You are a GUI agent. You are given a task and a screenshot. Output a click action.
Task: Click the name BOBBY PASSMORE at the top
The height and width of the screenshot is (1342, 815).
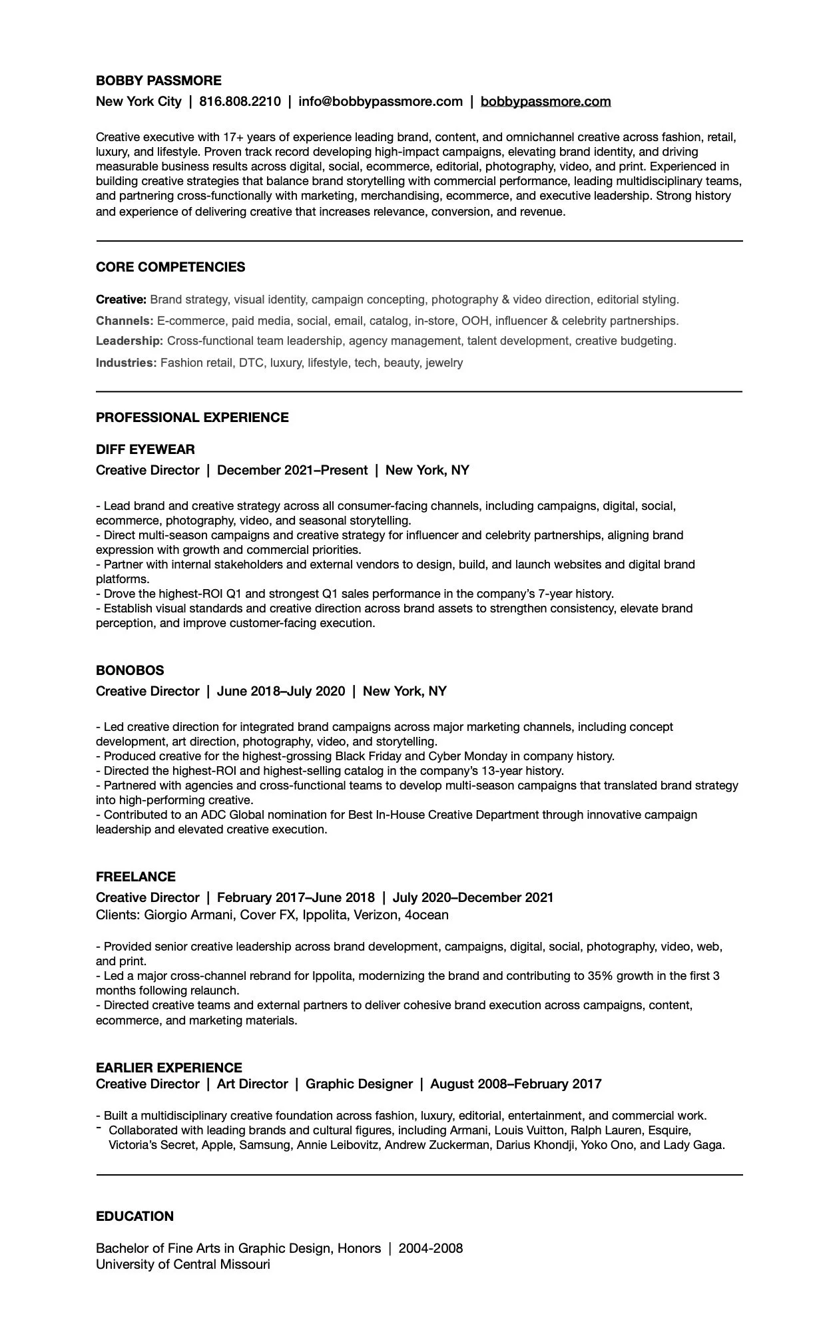coord(158,81)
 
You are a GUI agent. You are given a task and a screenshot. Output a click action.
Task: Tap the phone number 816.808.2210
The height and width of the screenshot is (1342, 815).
coord(240,101)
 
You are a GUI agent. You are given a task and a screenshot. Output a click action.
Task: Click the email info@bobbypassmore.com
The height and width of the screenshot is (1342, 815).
coord(380,101)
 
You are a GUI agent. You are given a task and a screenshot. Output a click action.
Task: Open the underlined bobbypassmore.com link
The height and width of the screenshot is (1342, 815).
coord(545,101)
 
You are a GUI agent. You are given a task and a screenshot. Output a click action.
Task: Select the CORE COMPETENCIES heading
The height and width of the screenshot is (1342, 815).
coord(170,267)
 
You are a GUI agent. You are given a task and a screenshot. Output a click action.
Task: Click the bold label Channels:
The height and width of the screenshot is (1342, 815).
coord(125,321)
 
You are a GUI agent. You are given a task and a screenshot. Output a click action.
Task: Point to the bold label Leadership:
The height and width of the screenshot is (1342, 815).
coord(129,341)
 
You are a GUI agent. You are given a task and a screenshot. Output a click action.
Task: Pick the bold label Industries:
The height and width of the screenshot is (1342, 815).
coord(127,363)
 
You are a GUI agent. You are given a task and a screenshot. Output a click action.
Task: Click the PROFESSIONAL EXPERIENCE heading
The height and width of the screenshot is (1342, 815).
coord(192,417)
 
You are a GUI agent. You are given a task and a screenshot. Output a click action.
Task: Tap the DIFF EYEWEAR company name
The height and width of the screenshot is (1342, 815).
coord(145,449)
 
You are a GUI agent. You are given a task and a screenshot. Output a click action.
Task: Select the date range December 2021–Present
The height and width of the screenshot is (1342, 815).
coord(292,470)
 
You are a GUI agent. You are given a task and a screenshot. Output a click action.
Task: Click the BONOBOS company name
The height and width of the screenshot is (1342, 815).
coord(130,670)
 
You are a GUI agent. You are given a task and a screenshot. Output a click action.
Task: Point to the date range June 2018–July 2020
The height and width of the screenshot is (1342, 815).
coord(281,691)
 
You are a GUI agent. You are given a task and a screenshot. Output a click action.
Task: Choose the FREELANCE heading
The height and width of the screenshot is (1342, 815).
coord(136,877)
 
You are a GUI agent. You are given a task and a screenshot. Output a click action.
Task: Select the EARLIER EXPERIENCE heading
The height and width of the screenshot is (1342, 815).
coord(169,1068)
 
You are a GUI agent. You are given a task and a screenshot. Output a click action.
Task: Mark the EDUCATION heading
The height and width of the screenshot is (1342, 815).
coord(135,1216)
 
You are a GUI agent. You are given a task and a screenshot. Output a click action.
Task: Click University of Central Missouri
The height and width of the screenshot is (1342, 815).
coord(183,1264)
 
